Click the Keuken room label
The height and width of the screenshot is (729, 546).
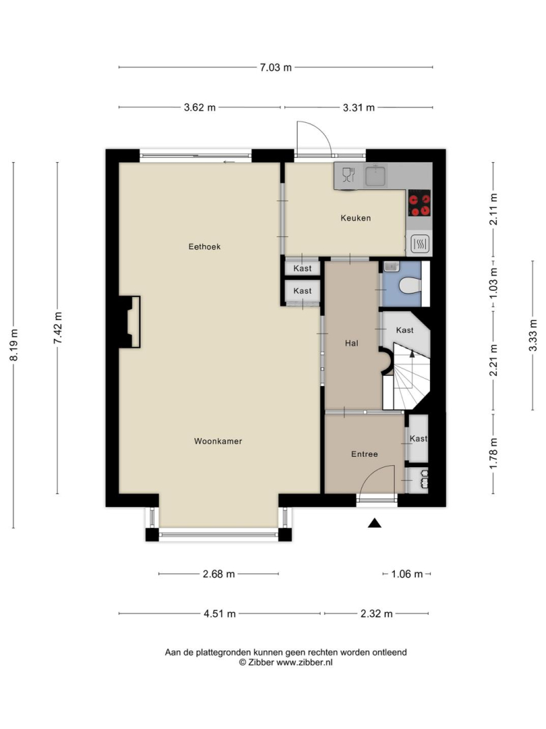pos(356,218)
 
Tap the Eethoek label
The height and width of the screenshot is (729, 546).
pos(204,247)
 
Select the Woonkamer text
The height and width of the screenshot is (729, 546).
pos(218,441)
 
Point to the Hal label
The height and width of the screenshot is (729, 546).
pos(352,344)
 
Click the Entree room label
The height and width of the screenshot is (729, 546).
pos(364,454)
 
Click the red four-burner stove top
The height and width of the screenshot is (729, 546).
pos(420,203)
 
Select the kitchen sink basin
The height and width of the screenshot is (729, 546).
pos(375,175)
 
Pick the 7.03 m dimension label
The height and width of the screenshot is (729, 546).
pos(275,67)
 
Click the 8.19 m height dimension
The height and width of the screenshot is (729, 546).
pos(14,345)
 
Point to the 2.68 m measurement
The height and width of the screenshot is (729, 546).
pos(219,574)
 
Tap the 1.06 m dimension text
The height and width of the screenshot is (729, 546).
pos(407,574)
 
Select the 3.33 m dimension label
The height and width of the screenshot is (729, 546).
pos(533,335)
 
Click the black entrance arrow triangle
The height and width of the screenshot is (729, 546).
pos(375,524)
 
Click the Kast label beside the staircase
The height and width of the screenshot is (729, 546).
pos(404,330)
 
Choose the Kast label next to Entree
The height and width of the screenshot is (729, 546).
pos(418,439)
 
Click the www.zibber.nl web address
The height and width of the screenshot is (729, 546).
pos(304,663)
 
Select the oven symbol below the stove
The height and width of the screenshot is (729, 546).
pos(420,244)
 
